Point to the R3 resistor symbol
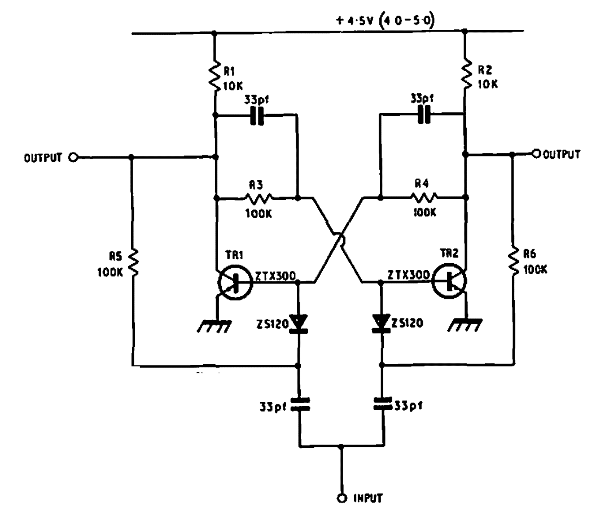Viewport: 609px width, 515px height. (259, 198)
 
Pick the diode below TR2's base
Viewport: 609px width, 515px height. (382, 321)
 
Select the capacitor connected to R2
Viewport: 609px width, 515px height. (422, 115)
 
